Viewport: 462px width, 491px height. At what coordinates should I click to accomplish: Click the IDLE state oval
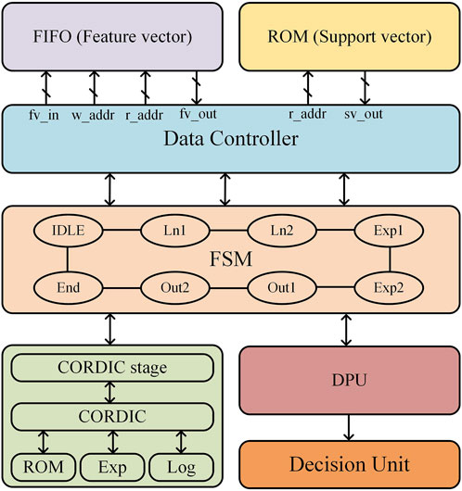68,231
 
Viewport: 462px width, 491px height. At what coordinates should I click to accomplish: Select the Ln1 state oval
175,231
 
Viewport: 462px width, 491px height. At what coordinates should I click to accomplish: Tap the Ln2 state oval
282,231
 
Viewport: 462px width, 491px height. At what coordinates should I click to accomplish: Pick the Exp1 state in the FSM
389,231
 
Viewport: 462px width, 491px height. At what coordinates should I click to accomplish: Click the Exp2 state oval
389,287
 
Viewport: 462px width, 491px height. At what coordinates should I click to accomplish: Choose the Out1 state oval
282,287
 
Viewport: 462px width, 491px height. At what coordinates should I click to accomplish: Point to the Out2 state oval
175,287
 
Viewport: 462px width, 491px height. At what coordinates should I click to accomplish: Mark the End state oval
68,287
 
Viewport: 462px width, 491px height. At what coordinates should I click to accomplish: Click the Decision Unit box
350,464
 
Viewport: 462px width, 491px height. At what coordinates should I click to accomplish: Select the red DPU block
350,380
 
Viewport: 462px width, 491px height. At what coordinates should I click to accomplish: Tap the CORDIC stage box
112,368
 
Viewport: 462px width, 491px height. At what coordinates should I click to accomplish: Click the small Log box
181,467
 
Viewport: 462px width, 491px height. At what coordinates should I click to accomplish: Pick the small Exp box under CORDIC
112,467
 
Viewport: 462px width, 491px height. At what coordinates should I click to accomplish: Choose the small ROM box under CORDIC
44,467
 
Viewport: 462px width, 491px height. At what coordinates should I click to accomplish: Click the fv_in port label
44,115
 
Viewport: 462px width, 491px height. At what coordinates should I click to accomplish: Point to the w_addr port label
93,115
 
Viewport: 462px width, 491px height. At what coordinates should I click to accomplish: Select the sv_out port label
364,114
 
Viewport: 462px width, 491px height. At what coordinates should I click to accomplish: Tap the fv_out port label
198,114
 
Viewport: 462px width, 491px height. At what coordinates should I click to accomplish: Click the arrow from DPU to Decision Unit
349,427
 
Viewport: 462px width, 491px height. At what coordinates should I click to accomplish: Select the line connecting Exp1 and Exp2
390,259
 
